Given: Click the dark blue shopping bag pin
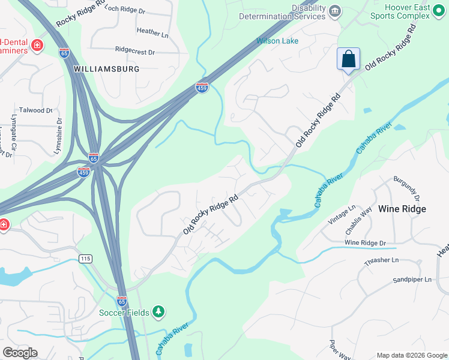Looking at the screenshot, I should click(348, 59).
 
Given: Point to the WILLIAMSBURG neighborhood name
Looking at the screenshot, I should click(106, 69).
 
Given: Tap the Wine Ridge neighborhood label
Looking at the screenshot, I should click(402, 209).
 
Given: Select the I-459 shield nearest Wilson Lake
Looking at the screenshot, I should click(202, 88).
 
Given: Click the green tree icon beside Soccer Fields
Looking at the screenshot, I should click(158, 311).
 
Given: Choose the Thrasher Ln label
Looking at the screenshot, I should click(381, 260).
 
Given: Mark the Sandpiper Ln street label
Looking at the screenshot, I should click(412, 280).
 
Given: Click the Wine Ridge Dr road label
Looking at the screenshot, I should click(365, 243).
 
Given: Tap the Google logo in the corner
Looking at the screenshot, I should click(20, 353).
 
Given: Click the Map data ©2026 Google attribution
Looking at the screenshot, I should click(412, 355).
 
